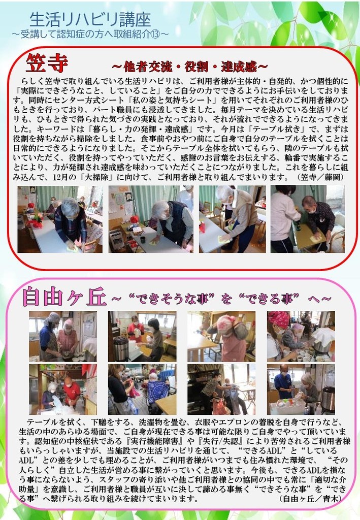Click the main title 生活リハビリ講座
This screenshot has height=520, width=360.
point(90,20)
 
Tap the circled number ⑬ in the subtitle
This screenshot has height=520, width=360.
point(154,34)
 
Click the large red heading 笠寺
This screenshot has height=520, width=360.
point(47,62)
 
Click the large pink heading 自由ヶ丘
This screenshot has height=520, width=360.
point(64,297)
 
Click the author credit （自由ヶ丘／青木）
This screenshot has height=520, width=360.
point(310,498)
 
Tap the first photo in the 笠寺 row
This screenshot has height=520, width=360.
point(60,219)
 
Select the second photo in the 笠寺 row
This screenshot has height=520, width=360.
point(151,219)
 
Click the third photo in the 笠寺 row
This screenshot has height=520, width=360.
point(233,219)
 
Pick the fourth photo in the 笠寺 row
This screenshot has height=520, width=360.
point(308,219)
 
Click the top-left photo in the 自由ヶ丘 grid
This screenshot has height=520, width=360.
point(63,336)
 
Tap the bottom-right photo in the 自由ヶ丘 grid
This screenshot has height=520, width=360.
point(301,389)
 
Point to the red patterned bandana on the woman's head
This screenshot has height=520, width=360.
point(278,318)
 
